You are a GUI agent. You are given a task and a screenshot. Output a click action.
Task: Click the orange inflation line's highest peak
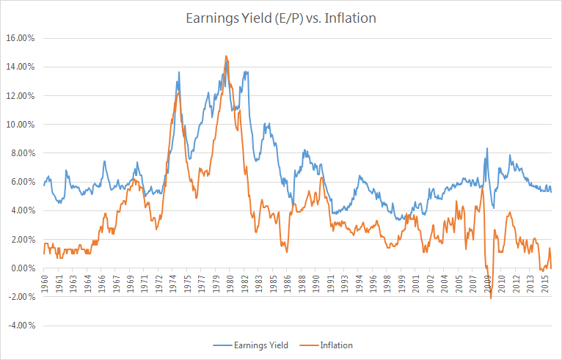226,56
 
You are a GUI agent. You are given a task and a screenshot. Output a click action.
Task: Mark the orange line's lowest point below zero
491,298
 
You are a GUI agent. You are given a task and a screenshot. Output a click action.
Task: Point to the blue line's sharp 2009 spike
486,149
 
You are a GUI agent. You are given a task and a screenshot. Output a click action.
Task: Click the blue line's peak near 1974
179,72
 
